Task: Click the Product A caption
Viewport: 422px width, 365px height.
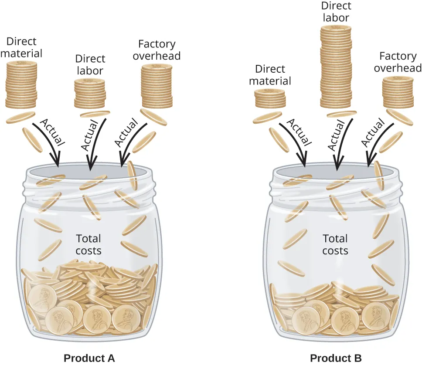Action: [x=89, y=358]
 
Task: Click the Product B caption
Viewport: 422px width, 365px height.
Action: [x=336, y=358]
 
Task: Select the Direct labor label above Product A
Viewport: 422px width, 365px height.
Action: [x=90, y=64]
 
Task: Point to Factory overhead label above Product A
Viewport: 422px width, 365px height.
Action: [x=157, y=50]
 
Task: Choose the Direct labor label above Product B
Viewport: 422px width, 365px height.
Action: [x=336, y=12]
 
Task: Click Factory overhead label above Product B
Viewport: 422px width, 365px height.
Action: [x=398, y=62]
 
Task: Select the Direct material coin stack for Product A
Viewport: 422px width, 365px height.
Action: [x=21, y=84]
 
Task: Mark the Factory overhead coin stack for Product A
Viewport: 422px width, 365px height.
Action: [x=157, y=85]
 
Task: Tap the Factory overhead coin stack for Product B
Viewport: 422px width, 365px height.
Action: [x=398, y=92]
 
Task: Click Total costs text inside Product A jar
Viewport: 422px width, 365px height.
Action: [x=88, y=244]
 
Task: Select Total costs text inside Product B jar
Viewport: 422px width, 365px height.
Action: [x=335, y=244]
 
